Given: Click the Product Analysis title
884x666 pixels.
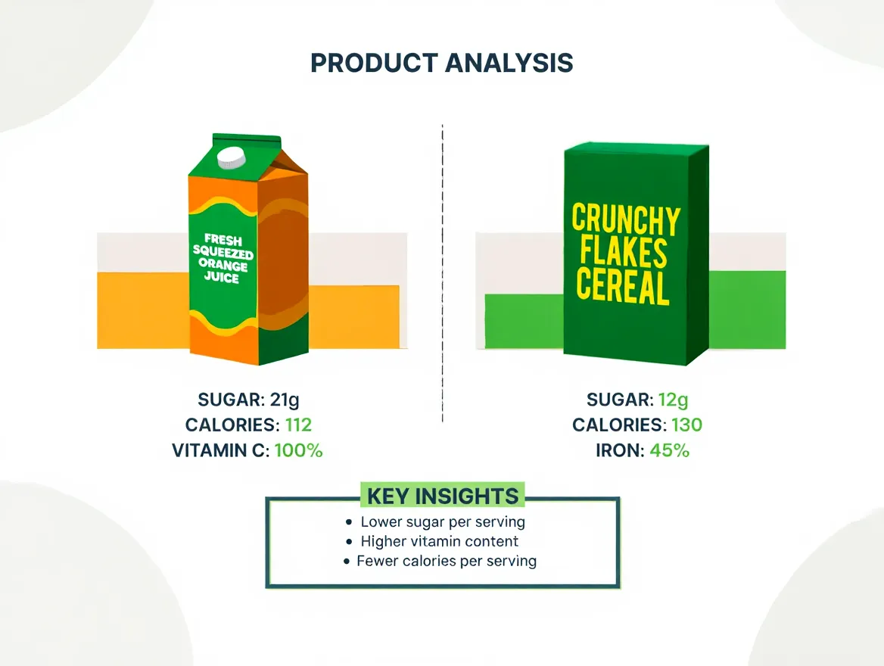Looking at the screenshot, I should [442, 64].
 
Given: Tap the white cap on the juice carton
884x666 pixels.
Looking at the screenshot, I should [232, 158].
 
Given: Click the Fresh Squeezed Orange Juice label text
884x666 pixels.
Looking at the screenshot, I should [223, 258].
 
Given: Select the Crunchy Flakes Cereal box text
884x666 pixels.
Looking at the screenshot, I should [625, 253].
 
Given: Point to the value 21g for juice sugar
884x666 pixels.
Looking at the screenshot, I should [291, 400].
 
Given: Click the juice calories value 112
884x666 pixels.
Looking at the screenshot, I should [298, 425].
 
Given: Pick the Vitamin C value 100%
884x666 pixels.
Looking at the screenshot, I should [298, 450].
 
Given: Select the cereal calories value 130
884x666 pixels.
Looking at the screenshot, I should [685, 425].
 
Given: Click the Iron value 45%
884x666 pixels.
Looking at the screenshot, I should [669, 450].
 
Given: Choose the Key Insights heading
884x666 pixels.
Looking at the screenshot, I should [443, 496].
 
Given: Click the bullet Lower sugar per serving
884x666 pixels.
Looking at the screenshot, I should [443, 522].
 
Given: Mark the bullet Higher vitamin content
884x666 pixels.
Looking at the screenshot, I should [439, 542].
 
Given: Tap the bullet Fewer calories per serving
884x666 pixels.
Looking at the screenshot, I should [447, 562].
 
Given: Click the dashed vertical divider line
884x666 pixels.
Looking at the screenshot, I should [442, 272].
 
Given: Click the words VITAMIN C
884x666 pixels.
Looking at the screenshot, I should [220, 450].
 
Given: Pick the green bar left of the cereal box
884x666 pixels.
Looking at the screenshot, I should [524, 321].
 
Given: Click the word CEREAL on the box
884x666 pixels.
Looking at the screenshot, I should [623, 288].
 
